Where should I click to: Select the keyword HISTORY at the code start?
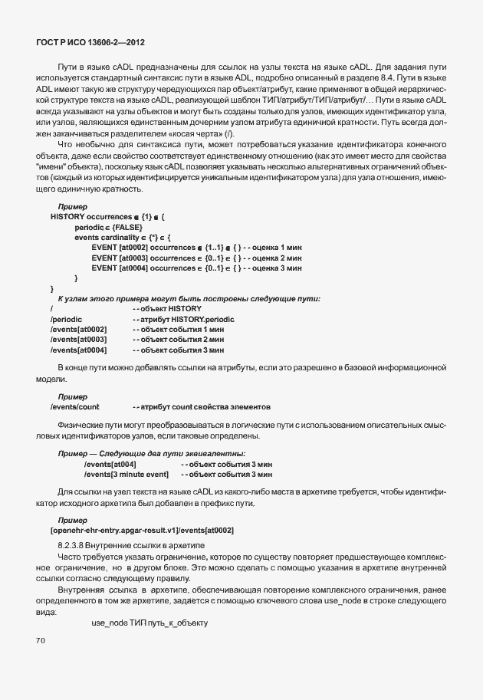pos(67,218)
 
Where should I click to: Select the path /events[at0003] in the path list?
pos(78,338)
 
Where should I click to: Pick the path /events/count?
pos(75,406)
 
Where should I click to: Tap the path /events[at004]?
pos(110,465)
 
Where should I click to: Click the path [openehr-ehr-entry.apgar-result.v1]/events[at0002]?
pos(142,530)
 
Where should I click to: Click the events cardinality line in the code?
pos(123,238)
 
